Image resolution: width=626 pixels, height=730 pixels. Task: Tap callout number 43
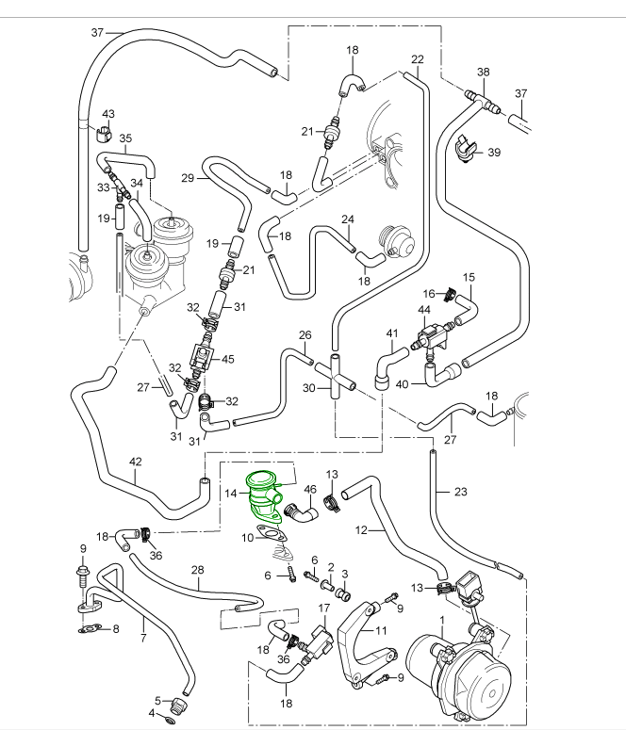[107, 115]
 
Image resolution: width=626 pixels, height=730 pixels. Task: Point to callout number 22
[418, 59]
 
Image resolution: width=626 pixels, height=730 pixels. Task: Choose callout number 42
[135, 462]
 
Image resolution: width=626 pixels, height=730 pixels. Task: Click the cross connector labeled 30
[333, 377]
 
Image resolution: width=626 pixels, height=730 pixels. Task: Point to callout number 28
[197, 569]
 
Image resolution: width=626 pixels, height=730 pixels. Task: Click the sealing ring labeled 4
[169, 721]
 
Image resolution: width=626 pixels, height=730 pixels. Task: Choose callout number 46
[309, 488]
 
